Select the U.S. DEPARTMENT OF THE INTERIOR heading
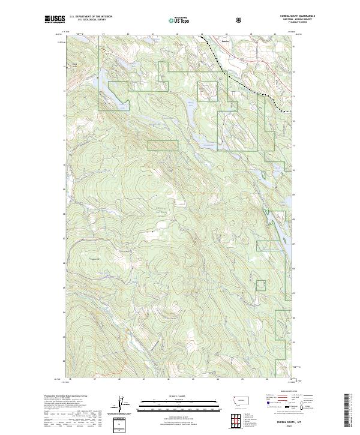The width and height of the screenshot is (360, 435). coord(91,17)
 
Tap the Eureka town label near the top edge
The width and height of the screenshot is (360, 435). coord(225,41)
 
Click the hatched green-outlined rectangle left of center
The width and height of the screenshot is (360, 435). coord(163,145)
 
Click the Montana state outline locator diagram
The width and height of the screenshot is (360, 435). coord(237,400)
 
